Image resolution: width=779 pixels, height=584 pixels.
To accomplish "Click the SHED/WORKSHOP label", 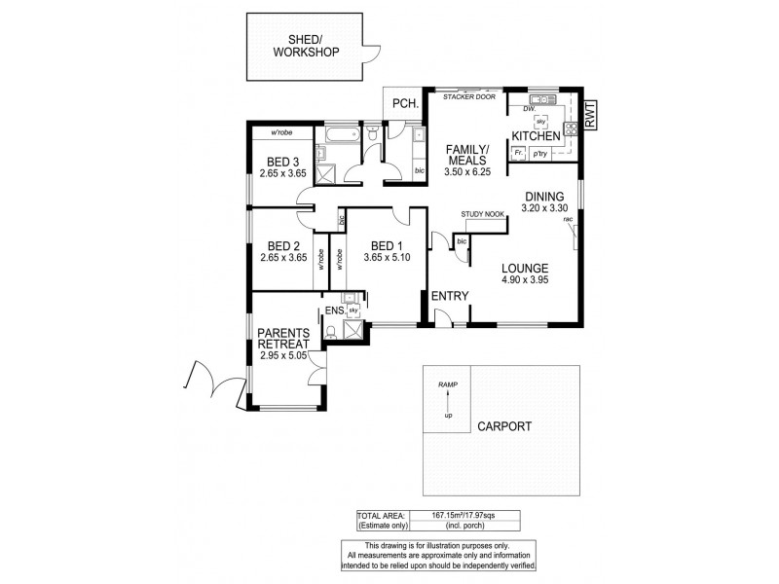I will [306, 46].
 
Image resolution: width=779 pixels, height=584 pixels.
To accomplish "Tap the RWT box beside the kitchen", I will [590, 115].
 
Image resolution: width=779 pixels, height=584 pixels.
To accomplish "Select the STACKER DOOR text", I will [468, 97].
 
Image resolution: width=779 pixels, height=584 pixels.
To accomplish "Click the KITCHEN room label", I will [537, 138].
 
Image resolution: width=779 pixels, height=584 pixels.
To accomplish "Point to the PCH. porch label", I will [405, 105].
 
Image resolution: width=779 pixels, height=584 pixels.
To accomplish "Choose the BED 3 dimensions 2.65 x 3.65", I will [283, 173].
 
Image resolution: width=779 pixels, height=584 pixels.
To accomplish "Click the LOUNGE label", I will [526, 269].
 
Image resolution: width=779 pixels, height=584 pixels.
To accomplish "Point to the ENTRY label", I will [450, 296].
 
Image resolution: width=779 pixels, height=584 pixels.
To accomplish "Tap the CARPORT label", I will [503, 426].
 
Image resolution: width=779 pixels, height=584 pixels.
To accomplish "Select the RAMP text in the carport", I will [447, 385].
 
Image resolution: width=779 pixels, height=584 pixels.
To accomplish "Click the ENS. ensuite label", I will [333, 310].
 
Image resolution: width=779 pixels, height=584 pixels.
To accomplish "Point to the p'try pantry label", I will [538, 154].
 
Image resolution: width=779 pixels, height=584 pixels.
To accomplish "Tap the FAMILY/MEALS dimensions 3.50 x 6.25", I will [466, 171].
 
